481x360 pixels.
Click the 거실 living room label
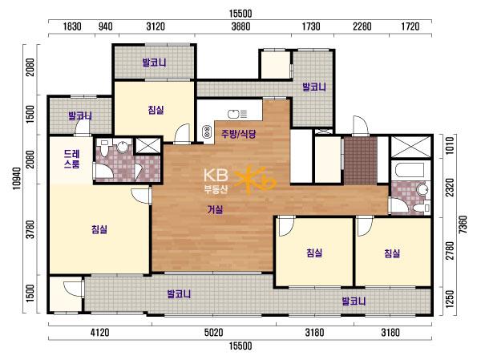215,209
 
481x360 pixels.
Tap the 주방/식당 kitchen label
239,134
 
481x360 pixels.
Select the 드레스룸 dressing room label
72,159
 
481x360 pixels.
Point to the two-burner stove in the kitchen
207,132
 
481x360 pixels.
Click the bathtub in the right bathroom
410,170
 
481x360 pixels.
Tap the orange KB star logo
255,180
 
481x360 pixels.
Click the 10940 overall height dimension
17,178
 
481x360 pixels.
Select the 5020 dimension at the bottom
214,333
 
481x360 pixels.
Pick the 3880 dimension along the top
240,26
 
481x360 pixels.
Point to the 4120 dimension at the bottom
100,333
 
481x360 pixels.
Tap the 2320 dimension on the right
450,188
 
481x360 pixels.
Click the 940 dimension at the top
105,26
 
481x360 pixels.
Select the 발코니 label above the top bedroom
154,63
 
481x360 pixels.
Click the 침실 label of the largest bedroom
99,229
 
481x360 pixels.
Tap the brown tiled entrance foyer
361,160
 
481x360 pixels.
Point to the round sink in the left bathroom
123,147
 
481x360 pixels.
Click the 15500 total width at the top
240,14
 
